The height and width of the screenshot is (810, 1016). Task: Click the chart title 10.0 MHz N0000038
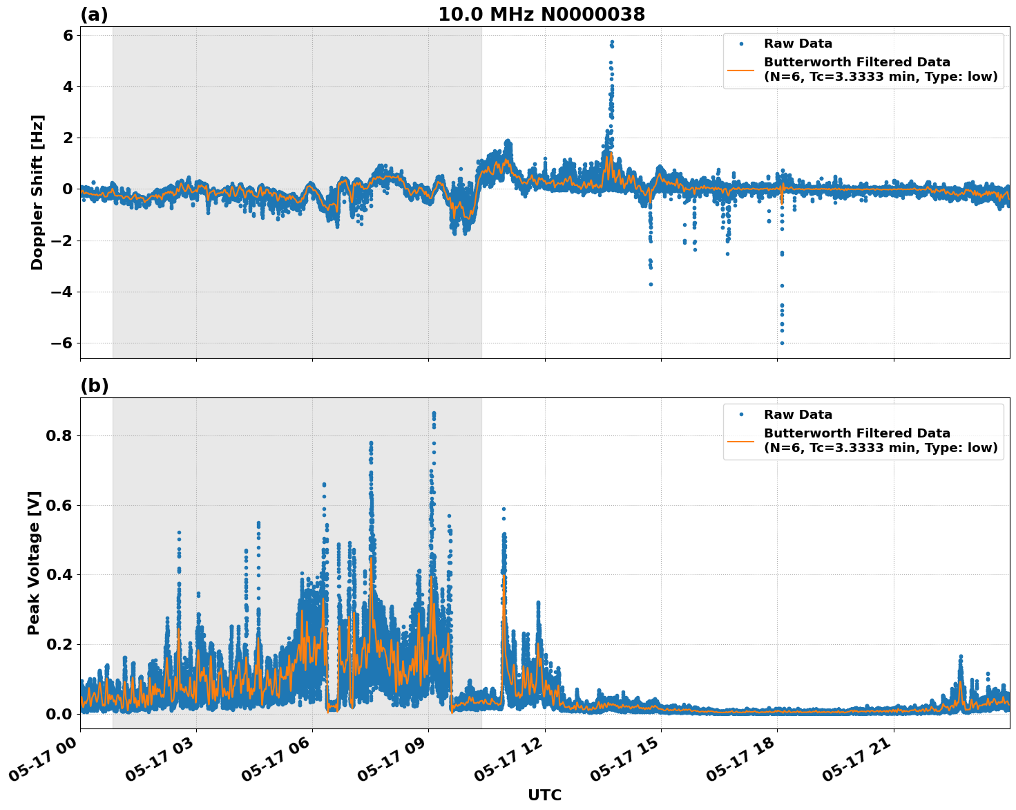pos(541,15)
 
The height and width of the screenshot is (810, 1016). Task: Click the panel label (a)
pos(94,15)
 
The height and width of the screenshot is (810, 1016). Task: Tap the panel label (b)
pos(94,386)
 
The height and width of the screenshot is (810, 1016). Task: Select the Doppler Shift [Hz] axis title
pos(37,192)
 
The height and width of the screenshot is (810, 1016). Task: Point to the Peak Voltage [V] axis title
pos(35,563)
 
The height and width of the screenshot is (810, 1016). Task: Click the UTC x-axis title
pos(544,795)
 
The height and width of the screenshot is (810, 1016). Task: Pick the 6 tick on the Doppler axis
pos(68,35)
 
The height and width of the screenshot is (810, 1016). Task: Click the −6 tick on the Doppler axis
pos(62,343)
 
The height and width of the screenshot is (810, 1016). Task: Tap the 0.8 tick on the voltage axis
pos(60,436)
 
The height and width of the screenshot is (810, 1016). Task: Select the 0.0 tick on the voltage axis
pos(60,714)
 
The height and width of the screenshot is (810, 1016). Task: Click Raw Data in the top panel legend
pos(798,44)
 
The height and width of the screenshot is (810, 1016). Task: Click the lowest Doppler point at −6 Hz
pos(782,343)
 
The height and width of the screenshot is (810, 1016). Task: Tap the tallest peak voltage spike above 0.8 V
pos(434,413)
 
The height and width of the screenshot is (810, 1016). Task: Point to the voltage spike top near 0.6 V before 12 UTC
pos(504,509)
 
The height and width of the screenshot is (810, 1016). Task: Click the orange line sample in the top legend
pos(741,69)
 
